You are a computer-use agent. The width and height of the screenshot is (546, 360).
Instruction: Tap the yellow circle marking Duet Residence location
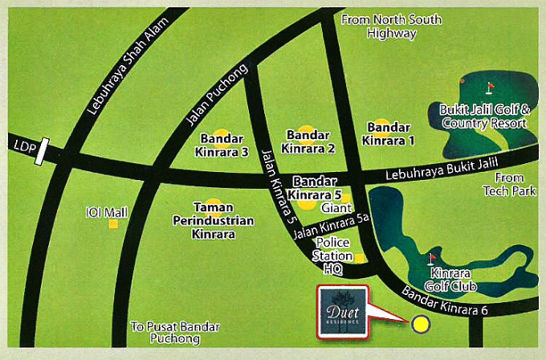point(420,325)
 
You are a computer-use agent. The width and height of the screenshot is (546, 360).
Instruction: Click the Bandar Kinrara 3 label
point(219,145)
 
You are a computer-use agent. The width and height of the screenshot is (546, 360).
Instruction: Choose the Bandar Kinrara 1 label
point(389,133)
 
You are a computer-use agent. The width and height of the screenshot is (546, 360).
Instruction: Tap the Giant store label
point(332,207)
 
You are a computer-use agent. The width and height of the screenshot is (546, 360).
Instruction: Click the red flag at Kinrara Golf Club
point(432,258)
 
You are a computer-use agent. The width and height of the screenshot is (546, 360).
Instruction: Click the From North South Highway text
point(391,27)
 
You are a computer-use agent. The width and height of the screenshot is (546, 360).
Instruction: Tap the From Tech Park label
point(503,184)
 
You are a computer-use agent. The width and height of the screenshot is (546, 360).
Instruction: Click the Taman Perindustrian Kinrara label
point(213,221)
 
